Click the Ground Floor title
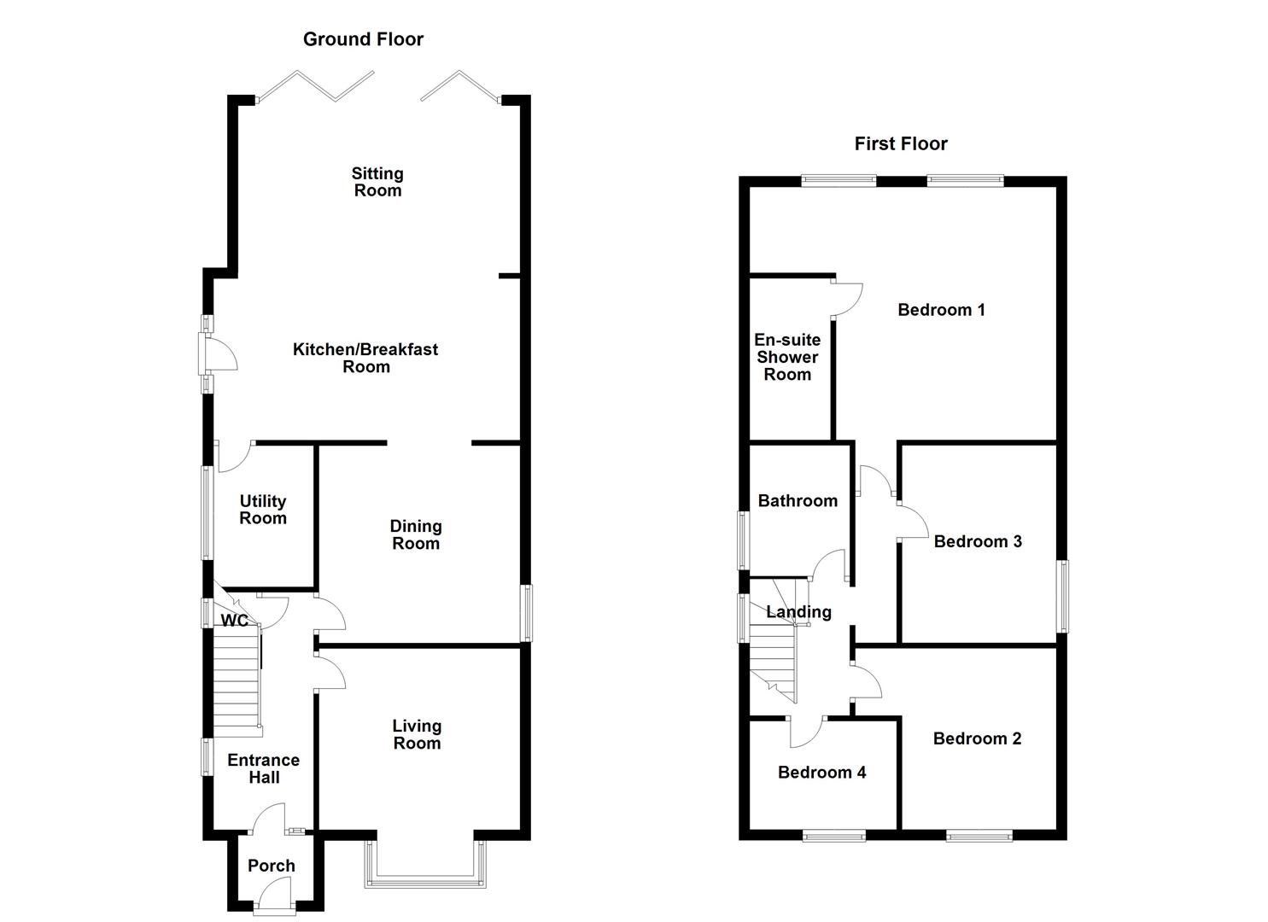[x=363, y=39]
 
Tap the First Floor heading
[x=901, y=143]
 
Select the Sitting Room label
[x=377, y=182]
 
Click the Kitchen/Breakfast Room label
[x=365, y=358]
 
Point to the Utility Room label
[x=263, y=510]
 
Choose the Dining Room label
[x=416, y=534]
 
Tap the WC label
[x=234, y=621]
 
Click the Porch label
[x=272, y=866]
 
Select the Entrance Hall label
[x=264, y=768]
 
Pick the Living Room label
[x=418, y=734]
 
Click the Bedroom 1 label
[x=941, y=310]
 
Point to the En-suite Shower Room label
[x=787, y=357]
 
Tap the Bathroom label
[x=798, y=500]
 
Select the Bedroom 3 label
[x=978, y=541]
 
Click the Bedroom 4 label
[x=822, y=772]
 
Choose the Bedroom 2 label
[x=977, y=738]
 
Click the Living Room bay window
[x=425, y=883]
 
